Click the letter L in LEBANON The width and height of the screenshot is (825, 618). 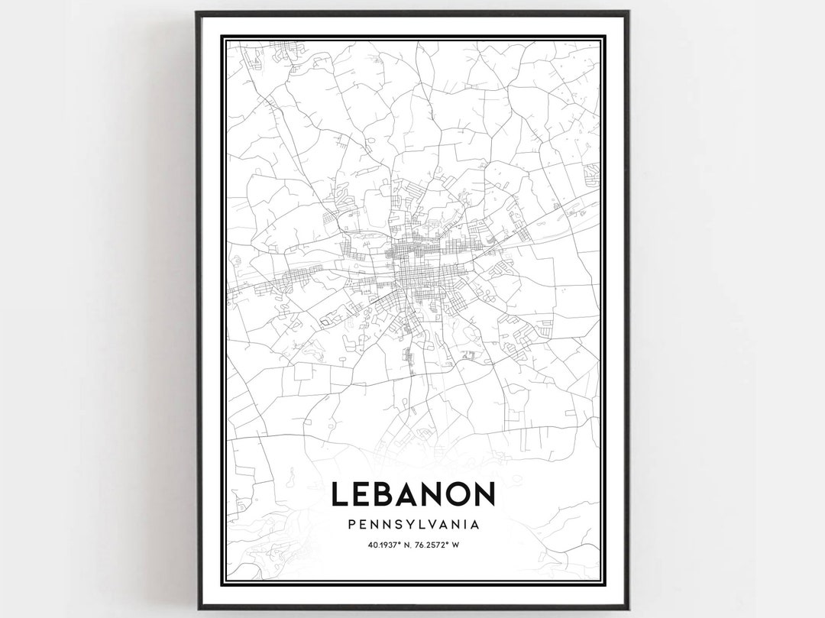[x=341, y=494]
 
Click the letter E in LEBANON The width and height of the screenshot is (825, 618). [x=365, y=494]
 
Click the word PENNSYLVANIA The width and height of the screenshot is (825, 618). [x=413, y=525]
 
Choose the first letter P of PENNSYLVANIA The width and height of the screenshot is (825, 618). [x=351, y=525]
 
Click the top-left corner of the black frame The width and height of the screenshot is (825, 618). [x=197, y=13]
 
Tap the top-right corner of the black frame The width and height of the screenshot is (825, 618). [x=628, y=13]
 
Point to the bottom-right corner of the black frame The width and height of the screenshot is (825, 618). [x=628, y=607]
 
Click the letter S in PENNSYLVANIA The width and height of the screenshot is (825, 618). [x=393, y=525]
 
